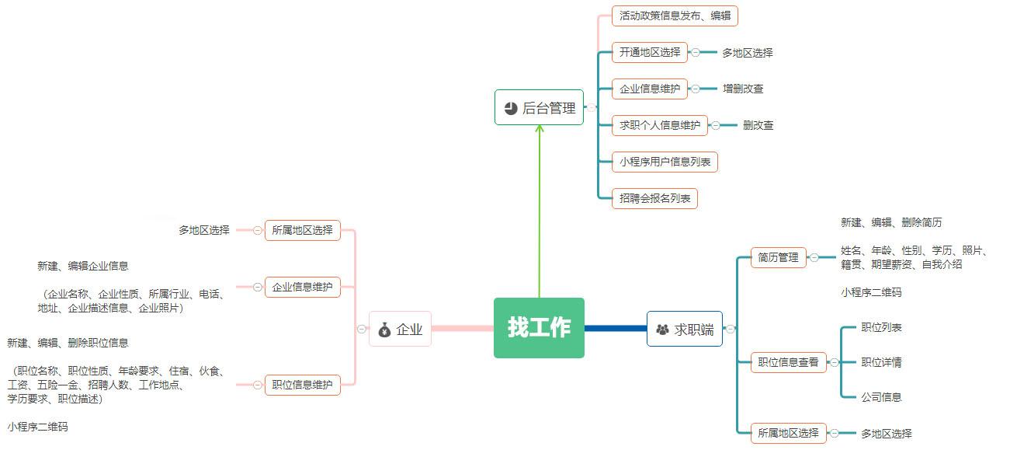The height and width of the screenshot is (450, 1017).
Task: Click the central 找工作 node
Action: pyautogui.click(x=539, y=328)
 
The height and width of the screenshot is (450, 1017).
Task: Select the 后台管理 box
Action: pyautogui.click(x=539, y=107)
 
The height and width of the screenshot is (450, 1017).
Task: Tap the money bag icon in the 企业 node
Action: pyautogui.click(x=384, y=330)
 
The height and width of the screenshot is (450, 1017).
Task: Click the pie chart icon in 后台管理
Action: pyautogui.click(x=510, y=108)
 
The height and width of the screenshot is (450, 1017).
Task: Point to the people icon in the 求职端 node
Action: pyautogui.click(x=662, y=330)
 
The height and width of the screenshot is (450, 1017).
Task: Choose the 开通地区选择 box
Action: pyautogui.click(x=649, y=52)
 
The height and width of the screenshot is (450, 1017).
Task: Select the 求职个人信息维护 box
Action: pyautogui.click(x=659, y=124)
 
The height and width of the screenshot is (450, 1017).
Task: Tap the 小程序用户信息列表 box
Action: pyautogui.click(x=665, y=162)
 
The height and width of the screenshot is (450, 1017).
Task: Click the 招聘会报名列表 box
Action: pyautogui.click(x=654, y=198)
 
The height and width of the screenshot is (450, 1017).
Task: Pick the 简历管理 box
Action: pyautogui.click(x=778, y=257)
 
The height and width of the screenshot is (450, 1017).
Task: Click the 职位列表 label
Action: pyautogui.click(x=881, y=327)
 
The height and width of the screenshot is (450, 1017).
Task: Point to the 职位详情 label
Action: pyautogui.click(x=881, y=362)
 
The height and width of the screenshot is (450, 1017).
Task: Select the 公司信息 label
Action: pyautogui.click(x=881, y=397)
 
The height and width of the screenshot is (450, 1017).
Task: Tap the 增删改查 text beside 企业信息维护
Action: pyautogui.click(x=743, y=89)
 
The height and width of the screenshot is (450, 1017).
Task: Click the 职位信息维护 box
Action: pyautogui.click(x=302, y=384)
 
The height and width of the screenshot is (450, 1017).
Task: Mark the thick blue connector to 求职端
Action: pyautogui.click(x=615, y=328)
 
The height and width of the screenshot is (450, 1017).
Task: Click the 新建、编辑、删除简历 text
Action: pyautogui.click(x=890, y=222)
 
